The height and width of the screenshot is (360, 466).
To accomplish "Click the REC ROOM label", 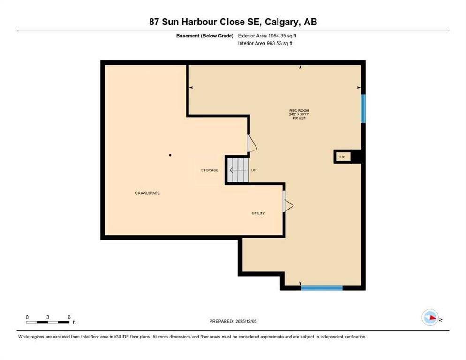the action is pos(299,110).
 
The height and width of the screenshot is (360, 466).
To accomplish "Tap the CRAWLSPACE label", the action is pos(147,193).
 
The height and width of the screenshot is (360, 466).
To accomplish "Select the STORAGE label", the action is pos(210,170).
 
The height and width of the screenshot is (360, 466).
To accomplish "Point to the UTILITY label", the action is pos(258,213).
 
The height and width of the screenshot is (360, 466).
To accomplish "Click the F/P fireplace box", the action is pos(343,157).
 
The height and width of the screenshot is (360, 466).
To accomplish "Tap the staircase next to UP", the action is pos(238,170).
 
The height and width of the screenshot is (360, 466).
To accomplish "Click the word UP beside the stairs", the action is pos(254,170).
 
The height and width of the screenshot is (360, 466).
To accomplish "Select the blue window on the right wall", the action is pos(363,108).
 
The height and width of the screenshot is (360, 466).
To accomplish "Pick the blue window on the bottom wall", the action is pos(322,288).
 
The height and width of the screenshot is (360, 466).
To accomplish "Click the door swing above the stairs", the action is pos(252,143).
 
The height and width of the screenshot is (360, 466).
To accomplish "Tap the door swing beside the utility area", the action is pos(288,205).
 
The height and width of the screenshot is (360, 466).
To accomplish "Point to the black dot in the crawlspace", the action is pos(170,155).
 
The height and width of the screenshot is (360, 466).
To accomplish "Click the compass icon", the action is pos(430,317).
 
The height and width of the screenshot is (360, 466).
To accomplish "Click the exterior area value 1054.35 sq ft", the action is pos(282,36).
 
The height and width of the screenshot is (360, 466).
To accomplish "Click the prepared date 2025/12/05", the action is pos(246,322).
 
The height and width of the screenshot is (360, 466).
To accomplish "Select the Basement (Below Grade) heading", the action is pos(204,36).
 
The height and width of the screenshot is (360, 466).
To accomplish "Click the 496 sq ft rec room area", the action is pos(299,118).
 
